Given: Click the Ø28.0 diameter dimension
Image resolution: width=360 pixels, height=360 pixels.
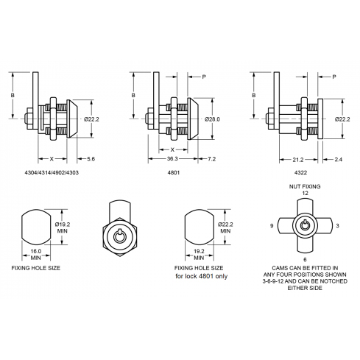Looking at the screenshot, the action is [213, 119].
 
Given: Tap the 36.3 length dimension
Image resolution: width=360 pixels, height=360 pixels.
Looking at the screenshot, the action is [172, 159].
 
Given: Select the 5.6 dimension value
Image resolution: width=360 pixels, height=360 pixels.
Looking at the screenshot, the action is [91, 159].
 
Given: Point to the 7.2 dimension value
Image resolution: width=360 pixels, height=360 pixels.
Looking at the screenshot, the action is [211, 159].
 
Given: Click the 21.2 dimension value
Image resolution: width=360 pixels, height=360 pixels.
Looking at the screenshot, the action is [298, 160].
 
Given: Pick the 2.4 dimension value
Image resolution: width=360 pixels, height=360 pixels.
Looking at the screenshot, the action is [338, 160].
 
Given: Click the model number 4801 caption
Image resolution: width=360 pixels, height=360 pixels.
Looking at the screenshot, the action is [174, 172].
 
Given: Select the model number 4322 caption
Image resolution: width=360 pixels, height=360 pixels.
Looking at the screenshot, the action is [300, 172].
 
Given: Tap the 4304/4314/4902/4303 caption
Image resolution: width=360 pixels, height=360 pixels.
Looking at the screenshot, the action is [52, 172].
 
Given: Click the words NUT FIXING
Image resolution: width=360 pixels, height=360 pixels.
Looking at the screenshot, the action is [305, 186].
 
